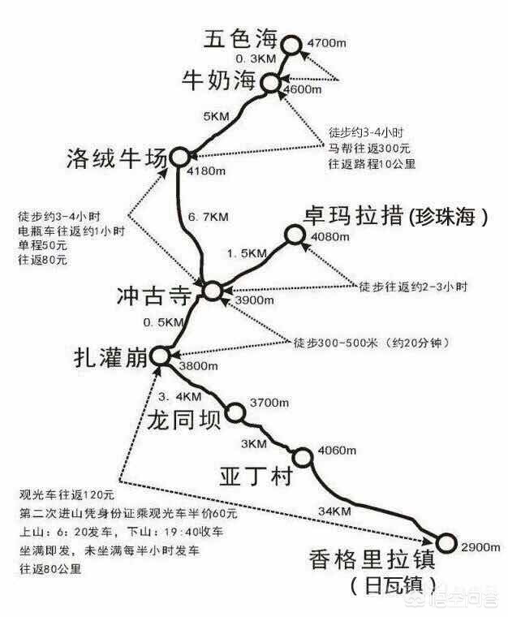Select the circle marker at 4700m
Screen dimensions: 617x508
(x=291, y=40)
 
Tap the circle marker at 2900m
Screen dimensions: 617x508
(x=446, y=542)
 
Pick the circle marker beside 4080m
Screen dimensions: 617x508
(x=293, y=236)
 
